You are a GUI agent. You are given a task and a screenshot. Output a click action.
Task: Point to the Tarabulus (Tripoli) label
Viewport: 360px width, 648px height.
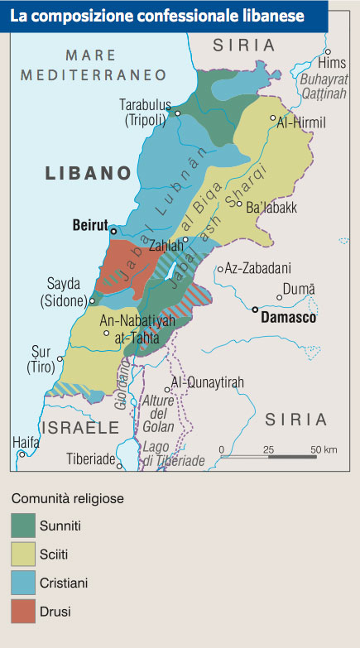tap(146, 113)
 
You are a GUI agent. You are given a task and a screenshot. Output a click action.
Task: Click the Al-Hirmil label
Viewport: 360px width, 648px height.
tap(301, 122)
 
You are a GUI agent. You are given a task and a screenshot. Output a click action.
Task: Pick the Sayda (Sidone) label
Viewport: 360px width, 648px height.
tap(68, 291)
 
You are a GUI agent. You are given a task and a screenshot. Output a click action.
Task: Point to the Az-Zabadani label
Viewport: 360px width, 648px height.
tap(257, 269)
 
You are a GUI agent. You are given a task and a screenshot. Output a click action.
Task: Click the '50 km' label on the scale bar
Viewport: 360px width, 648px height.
tap(323, 449)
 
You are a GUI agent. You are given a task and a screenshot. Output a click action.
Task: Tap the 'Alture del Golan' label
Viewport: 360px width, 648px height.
tap(159, 413)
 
